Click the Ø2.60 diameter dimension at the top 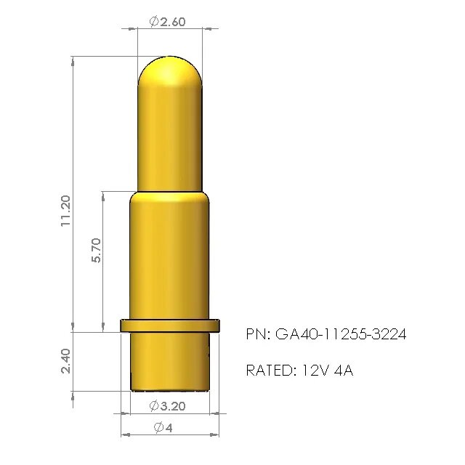pos(168,22)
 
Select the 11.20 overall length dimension pos(65,211)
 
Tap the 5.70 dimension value pos(97,250)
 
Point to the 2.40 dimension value pos(65,361)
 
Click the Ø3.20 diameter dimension pos(167,405)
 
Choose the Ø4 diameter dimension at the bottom pos(163,428)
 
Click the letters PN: pos(258,334)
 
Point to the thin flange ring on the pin pos(170,325)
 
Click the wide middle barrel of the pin pos(170,262)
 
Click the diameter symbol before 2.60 pos(154,22)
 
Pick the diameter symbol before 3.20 pos(154,405)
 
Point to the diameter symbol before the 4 pos(158,428)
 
